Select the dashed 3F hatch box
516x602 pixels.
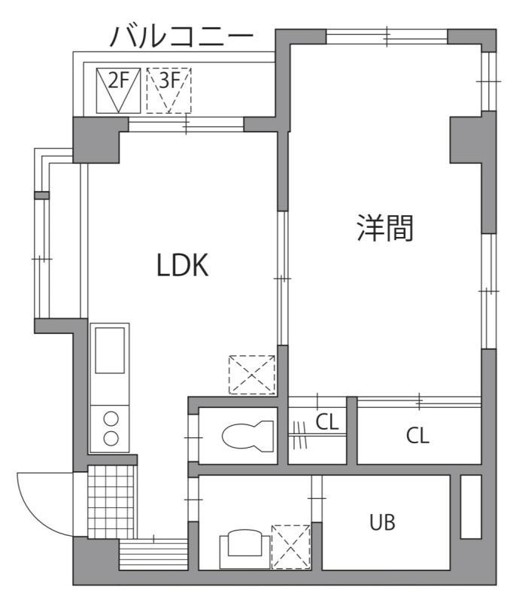pos(168,90)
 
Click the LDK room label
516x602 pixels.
pos(182,265)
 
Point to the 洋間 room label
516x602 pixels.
pos(385,229)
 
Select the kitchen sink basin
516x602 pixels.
pos(109,349)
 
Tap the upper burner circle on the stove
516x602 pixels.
pos(110,420)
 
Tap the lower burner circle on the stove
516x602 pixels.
pos(110,439)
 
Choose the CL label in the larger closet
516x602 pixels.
pos(417,436)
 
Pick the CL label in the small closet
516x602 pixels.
pos(326,423)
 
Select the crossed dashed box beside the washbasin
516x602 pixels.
pos(291,546)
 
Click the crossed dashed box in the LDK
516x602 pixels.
pos(252,374)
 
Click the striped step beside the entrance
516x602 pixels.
pos(153,555)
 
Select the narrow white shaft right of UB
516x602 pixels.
pos(470,506)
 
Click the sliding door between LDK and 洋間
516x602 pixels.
pos(283,278)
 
